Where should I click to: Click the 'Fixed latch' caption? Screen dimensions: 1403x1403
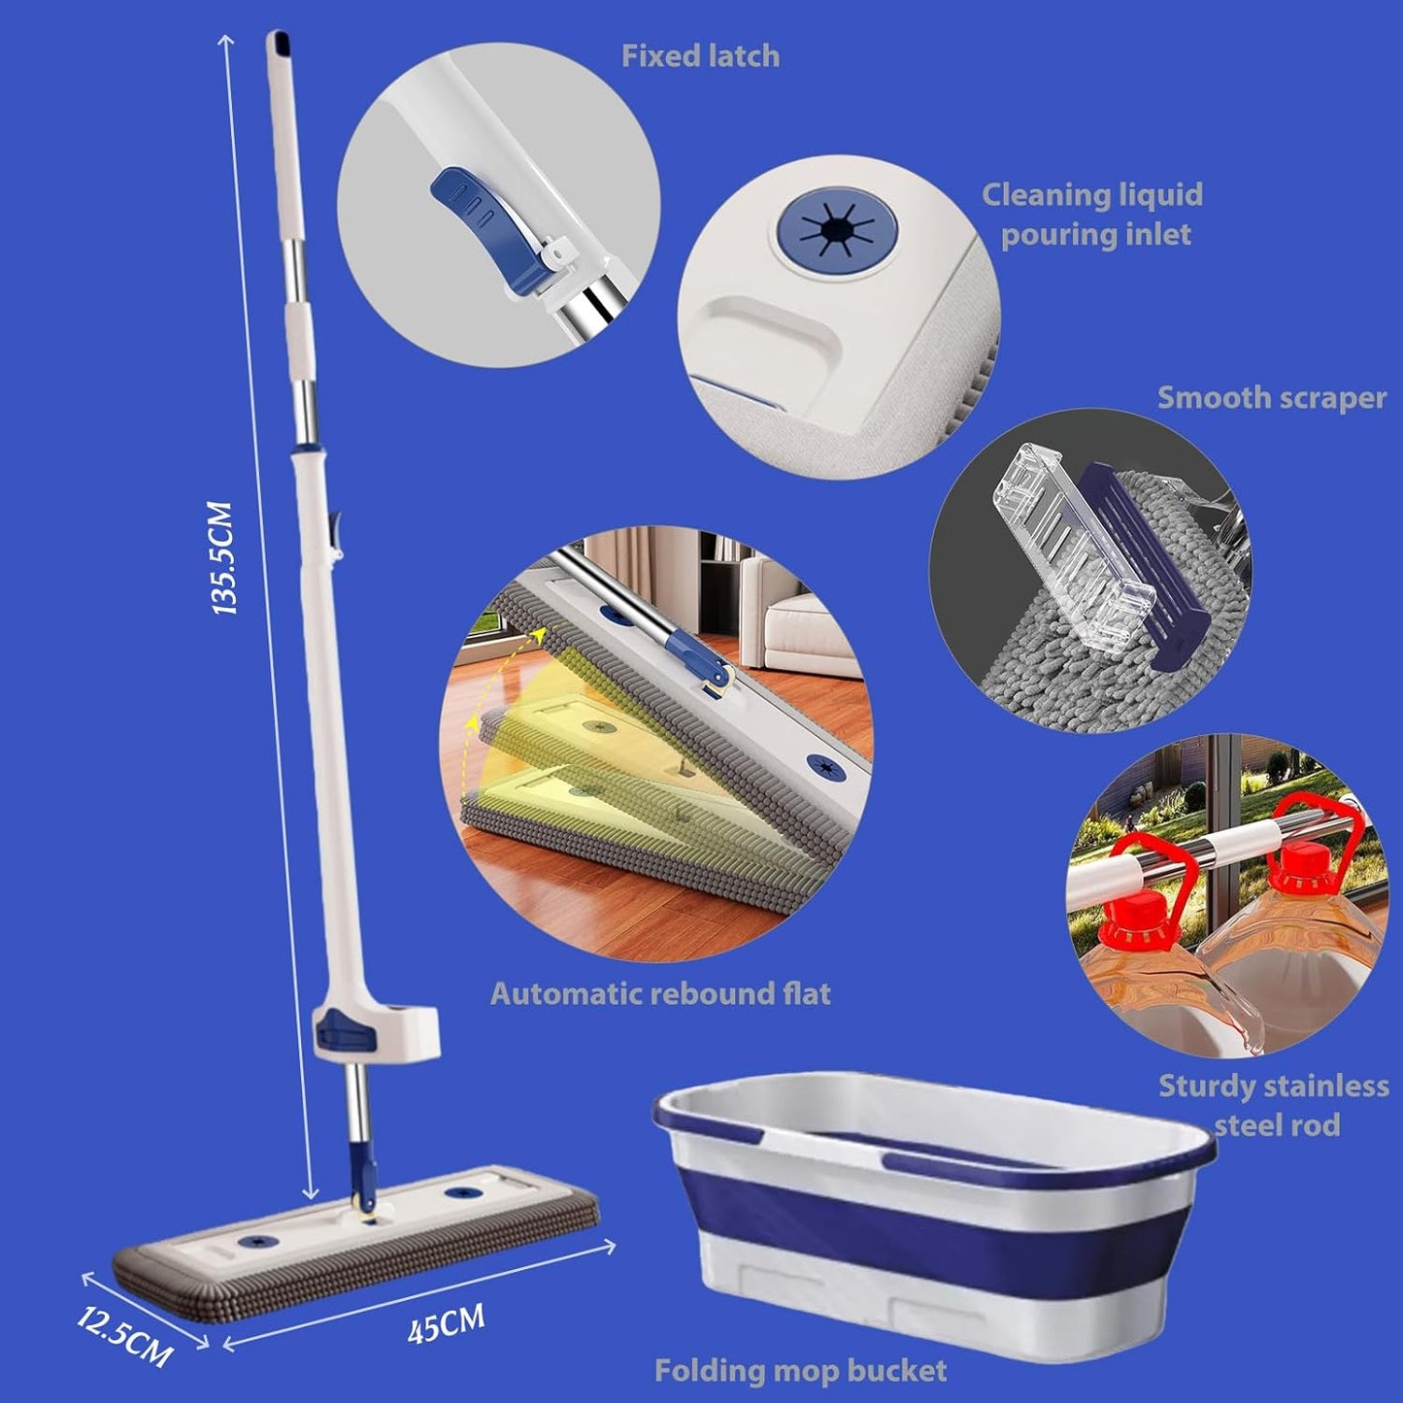[700, 56]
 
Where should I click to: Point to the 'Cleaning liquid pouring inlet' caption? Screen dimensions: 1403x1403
[1093, 216]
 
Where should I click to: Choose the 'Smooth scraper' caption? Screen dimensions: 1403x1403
[1271, 398]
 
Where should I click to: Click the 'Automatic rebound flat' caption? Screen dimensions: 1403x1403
[660, 994]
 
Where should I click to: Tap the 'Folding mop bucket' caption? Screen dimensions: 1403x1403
[801, 1370]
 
